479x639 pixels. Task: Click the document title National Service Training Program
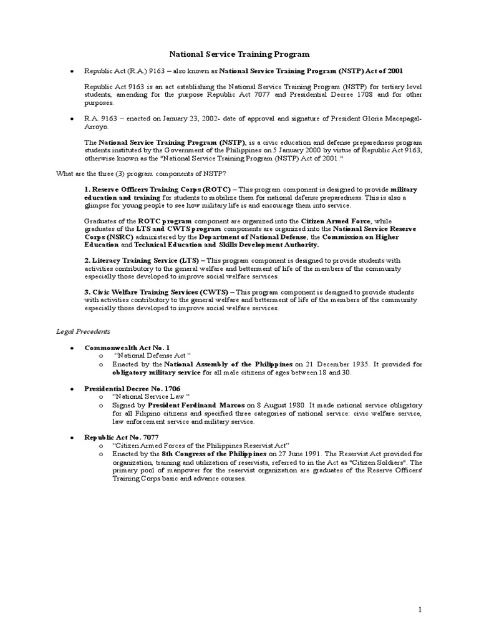pyautogui.click(x=239, y=55)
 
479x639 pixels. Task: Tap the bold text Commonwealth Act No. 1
pyautogui.click(x=127, y=347)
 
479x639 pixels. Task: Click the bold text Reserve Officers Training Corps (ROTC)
pyautogui.click(x=160, y=188)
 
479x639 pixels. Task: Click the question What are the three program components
pyautogui.click(x=141, y=173)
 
